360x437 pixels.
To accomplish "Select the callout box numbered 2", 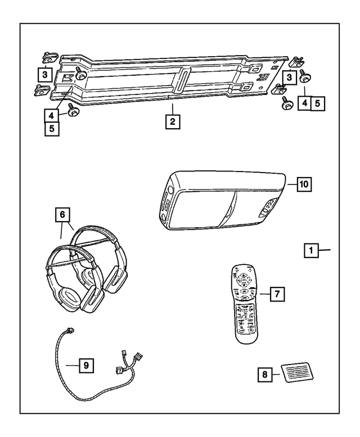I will [x=173, y=121].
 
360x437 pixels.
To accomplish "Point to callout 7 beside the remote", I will [x=276, y=294].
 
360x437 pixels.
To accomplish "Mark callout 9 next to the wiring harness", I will [x=85, y=365].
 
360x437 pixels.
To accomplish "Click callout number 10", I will [x=303, y=184].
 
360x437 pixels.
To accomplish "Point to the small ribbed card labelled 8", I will [x=296, y=372].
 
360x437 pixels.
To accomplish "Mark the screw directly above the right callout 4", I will [x=308, y=76].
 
